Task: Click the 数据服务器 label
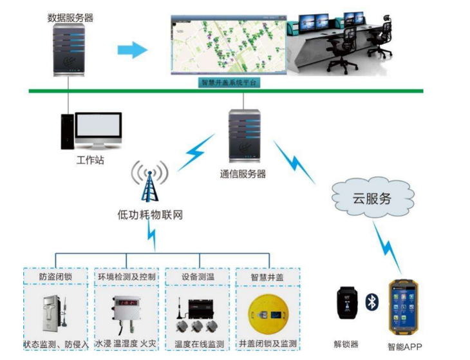(x=70, y=18)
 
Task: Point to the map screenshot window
(x=228, y=44)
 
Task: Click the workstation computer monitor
(x=98, y=129)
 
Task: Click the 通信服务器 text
(x=243, y=174)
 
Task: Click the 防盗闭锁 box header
(x=56, y=277)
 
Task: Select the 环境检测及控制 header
(x=127, y=277)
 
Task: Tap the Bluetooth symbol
(x=372, y=303)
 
